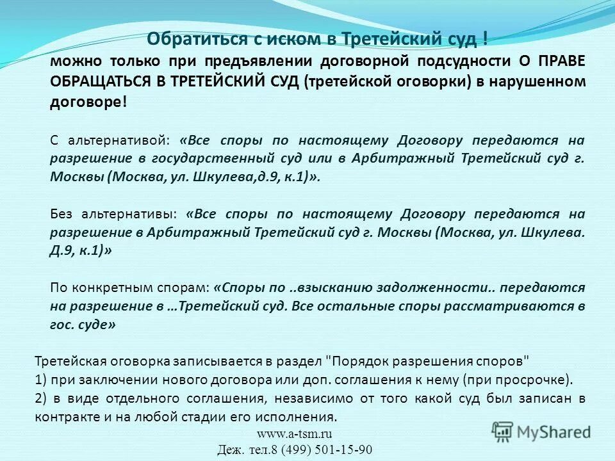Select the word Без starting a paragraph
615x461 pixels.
point(62,214)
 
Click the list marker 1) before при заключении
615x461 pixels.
point(41,379)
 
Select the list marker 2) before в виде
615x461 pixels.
point(42,398)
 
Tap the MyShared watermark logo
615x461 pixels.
point(541,430)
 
